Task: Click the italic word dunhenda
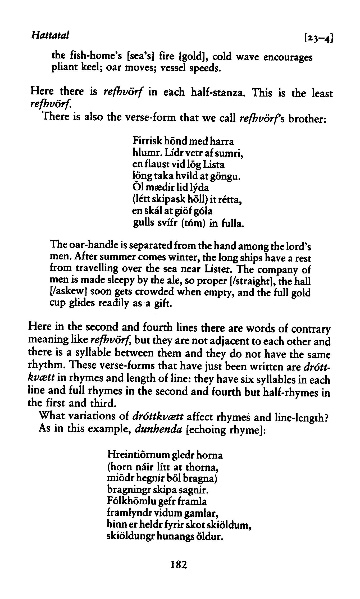158,429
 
